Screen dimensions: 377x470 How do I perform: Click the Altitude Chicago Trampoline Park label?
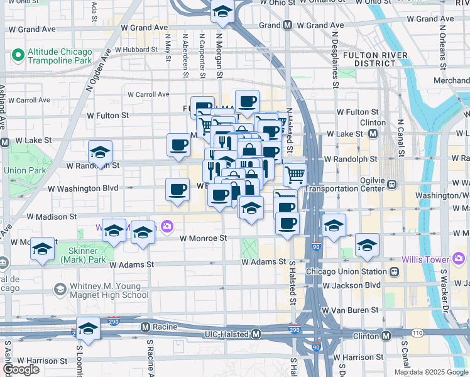tap(59, 57)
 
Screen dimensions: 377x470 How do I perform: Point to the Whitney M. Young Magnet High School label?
tap(109, 290)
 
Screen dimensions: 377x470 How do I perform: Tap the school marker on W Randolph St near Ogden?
tap(99, 153)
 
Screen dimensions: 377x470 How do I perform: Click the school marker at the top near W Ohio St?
tap(222, 11)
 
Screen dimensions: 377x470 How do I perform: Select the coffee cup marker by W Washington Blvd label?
tap(177, 190)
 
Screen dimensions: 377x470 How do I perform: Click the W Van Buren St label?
tap(349, 310)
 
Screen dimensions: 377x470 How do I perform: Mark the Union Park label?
tap(22, 170)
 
